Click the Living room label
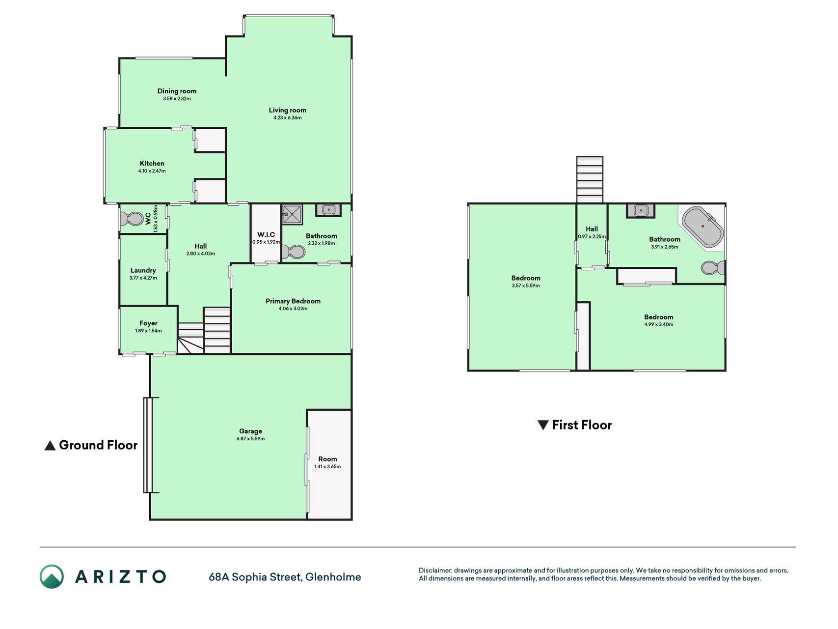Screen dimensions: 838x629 (x=287, y=110)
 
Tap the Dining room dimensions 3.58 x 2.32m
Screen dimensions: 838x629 (x=177, y=98)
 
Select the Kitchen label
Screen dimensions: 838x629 (x=152, y=163)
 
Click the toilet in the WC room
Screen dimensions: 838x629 (x=132, y=218)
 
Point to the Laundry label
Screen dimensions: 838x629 (x=143, y=270)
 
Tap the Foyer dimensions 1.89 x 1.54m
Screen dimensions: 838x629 (x=148, y=331)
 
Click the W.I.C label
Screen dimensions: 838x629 (x=266, y=234)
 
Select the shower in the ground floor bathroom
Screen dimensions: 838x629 (x=292, y=214)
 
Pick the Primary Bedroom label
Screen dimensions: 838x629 (x=293, y=301)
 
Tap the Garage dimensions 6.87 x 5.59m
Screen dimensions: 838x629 (x=250, y=438)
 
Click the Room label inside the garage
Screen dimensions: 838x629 (x=327, y=459)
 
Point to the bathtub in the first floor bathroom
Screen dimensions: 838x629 (x=703, y=227)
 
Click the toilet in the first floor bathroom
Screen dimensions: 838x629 (x=713, y=268)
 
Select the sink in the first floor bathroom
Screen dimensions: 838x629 (x=641, y=211)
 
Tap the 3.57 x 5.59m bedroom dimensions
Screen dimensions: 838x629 (x=526, y=286)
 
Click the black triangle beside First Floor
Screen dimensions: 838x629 (x=543, y=425)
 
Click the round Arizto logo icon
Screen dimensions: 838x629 (x=52, y=576)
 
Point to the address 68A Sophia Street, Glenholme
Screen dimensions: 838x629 (x=285, y=577)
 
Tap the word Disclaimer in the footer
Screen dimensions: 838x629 (x=435, y=571)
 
